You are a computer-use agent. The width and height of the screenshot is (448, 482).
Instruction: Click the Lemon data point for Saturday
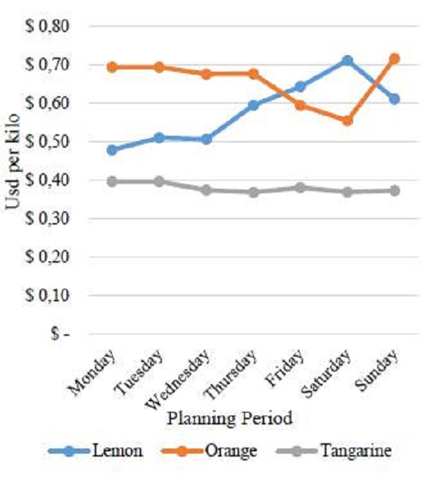346,60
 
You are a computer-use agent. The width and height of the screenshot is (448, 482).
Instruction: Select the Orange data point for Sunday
394,58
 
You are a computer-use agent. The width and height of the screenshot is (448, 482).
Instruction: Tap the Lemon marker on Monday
112,150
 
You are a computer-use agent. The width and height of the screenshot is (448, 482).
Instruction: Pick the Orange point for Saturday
346,120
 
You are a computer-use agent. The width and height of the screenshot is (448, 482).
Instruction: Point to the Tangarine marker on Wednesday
206,190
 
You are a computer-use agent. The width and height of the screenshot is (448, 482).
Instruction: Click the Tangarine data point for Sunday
394,191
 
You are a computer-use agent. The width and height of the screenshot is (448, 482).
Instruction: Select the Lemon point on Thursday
253,105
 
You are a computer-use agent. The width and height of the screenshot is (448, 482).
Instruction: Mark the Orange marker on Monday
112,67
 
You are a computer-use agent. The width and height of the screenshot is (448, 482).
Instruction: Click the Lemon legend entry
96,451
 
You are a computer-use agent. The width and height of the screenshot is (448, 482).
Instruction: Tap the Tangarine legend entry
333,451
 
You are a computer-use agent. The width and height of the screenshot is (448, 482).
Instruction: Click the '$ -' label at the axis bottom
60,334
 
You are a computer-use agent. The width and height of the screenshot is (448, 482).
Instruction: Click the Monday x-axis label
93,371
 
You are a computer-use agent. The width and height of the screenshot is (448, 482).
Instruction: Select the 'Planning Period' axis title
229,419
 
